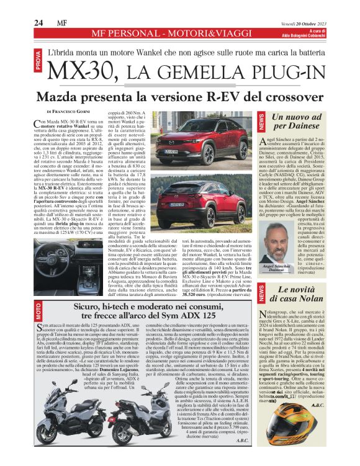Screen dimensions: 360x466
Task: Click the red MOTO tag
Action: (x=38, y=311)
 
